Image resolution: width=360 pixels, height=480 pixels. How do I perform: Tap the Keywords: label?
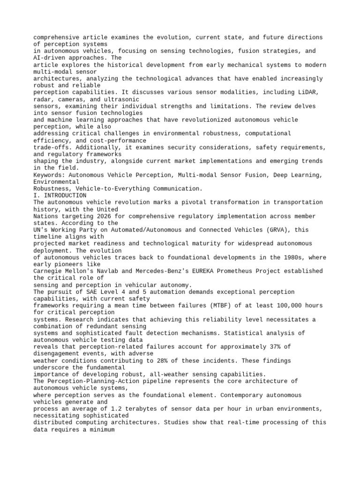point(51,175)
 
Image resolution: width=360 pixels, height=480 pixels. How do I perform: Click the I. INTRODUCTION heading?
point(60,195)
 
